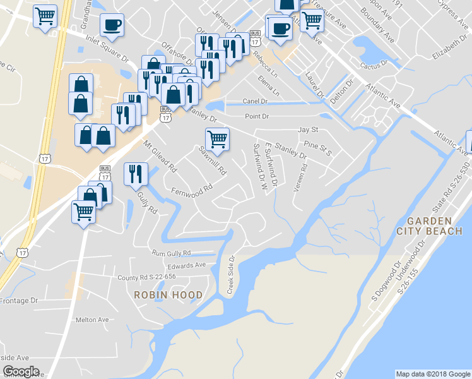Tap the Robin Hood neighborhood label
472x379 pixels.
(168, 295)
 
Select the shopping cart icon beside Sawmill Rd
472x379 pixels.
(217, 139)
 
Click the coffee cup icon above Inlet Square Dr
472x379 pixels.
(112, 25)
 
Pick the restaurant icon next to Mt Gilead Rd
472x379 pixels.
(136, 174)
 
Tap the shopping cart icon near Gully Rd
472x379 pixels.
(83, 212)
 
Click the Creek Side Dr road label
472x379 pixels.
(230, 275)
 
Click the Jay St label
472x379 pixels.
(309, 129)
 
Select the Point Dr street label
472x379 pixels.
(257, 116)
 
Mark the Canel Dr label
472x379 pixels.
(256, 101)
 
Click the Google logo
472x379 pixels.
(21, 371)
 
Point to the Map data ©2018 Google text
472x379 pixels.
(433, 374)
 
